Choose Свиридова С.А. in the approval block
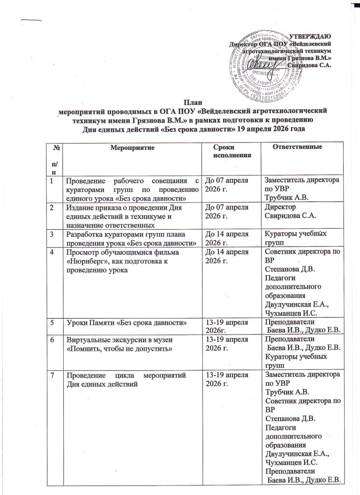[x=309, y=65]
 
